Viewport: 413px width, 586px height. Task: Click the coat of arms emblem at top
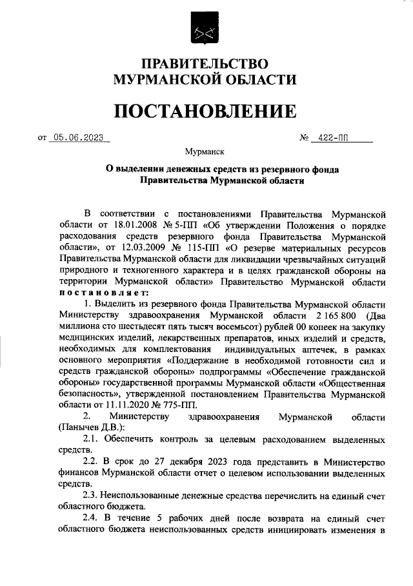pos(205,29)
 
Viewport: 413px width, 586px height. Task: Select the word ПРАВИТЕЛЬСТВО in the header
pos(205,64)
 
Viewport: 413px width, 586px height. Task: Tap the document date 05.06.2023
pos(79,137)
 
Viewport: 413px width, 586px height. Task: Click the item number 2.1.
pos(92,440)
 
